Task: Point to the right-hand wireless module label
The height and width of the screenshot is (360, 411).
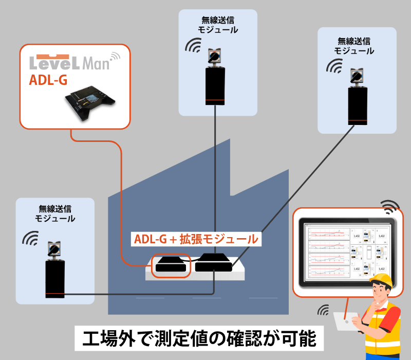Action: pos(354,46)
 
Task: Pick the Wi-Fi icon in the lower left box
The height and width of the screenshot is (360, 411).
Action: pos(30,238)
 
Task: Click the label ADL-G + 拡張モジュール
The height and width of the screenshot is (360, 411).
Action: pos(196,239)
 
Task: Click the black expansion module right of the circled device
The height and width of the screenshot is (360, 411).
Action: pos(213,263)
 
